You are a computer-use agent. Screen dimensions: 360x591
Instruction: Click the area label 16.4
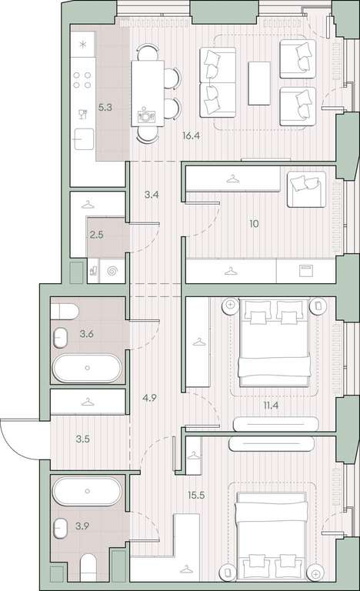[x=191, y=136]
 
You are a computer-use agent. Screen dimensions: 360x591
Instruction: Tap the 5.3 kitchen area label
[x=105, y=108]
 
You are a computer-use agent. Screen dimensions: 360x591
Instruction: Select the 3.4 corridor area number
[x=152, y=195]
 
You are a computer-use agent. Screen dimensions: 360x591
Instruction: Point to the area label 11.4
[x=271, y=406]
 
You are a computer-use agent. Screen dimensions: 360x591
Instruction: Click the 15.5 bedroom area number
[x=196, y=495]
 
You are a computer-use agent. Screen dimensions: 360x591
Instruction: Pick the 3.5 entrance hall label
[x=82, y=439]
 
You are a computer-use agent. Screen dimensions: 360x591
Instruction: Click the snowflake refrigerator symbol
[x=82, y=45]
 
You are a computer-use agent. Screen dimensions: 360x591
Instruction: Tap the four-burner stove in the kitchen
[x=82, y=80]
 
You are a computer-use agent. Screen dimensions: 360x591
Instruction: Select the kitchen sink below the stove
[x=84, y=139]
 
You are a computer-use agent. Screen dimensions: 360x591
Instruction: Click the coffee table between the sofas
[x=259, y=83]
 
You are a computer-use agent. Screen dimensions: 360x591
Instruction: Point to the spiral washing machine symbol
[x=112, y=271]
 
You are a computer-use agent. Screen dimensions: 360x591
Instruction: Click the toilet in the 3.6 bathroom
[x=65, y=312]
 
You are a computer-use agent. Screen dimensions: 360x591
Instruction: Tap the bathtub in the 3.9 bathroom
[x=87, y=491]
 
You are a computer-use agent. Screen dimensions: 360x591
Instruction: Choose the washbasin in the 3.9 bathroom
[x=60, y=529]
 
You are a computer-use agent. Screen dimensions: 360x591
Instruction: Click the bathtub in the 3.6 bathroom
[x=87, y=368]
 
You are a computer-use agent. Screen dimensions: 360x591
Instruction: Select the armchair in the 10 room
[x=306, y=189]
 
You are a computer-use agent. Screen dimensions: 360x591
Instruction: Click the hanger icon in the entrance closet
[x=88, y=402]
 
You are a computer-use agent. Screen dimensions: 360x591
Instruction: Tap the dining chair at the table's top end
[x=148, y=52]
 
